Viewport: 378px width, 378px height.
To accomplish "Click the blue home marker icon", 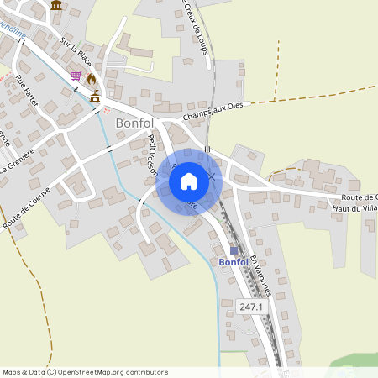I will click(x=188, y=180).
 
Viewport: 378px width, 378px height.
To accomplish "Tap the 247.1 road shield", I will click(x=251, y=307).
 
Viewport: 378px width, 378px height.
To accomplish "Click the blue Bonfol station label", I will click(x=233, y=262).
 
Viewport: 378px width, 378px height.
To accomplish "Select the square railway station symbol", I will click(x=234, y=249).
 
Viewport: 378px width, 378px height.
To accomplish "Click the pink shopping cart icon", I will click(x=76, y=76).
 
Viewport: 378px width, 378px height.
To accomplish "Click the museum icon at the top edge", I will click(x=56, y=5).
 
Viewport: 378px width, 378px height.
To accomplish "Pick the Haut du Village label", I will click(x=354, y=207).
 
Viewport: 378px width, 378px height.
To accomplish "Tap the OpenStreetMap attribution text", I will click(x=84, y=371).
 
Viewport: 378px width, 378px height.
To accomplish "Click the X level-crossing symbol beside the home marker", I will click(x=212, y=177).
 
